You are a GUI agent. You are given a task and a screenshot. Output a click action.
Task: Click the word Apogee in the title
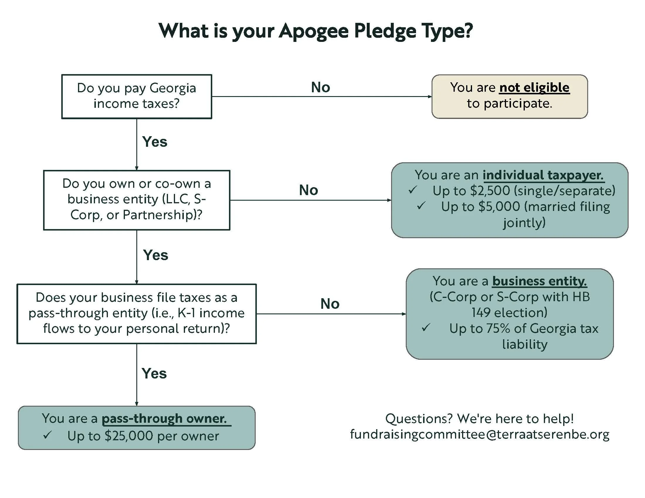[x=313, y=31]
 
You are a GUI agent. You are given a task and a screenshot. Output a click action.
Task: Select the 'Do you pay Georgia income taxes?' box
[x=136, y=96]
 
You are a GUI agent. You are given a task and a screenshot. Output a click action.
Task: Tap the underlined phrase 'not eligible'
[x=534, y=88]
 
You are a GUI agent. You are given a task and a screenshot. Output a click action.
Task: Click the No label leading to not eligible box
[x=320, y=87]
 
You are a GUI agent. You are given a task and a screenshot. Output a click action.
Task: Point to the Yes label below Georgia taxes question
[x=155, y=142]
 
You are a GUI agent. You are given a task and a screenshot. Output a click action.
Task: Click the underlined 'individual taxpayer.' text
[x=543, y=175]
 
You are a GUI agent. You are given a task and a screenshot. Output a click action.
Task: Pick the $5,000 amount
[x=499, y=207]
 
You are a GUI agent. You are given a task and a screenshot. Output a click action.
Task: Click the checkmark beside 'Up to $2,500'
[x=413, y=190]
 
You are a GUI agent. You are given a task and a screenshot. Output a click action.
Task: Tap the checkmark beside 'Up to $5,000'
[x=421, y=206]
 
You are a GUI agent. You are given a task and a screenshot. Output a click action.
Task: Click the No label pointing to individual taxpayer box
[x=308, y=190]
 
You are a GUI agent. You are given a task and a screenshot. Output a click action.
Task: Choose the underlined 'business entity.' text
[x=539, y=281]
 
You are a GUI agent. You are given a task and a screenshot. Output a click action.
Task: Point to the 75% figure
[x=498, y=328]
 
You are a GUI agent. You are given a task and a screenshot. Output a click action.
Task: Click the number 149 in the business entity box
[x=481, y=313]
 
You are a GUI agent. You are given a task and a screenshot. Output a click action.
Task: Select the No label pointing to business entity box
[x=330, y=304]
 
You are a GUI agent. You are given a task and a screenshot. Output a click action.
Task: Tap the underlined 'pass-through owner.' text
[x=164, y=419]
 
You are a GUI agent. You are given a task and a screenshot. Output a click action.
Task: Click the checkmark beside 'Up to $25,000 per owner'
[x=47, y=435]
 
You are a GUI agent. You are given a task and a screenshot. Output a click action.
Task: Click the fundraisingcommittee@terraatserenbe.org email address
[x=480, y=434]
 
